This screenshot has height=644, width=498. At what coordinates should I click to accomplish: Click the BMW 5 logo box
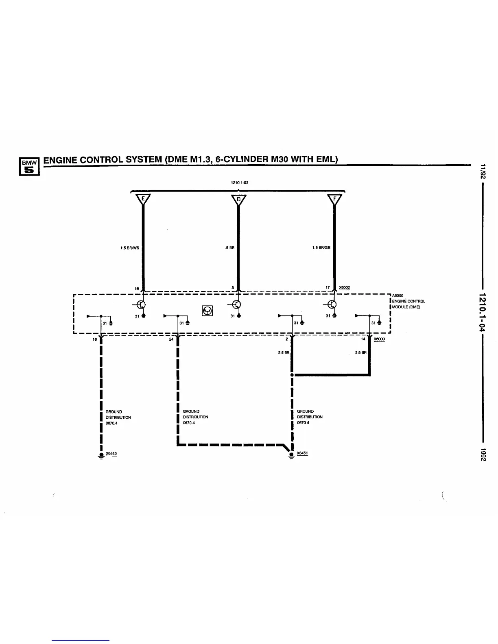tap(29, 167)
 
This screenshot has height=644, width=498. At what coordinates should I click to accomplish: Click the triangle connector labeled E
tap(143, 199)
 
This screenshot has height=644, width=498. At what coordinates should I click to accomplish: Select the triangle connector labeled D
tap(239, 199)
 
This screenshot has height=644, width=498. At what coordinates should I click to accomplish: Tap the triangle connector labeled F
tap(335, 199)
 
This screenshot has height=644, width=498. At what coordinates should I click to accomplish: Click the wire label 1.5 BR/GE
tap(321, 248)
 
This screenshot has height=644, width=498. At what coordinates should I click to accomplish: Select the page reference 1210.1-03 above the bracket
tap(240, 183)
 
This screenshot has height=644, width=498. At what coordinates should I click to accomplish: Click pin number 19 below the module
tap(95, 339)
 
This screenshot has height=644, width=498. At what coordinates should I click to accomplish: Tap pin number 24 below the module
tap(171, 339)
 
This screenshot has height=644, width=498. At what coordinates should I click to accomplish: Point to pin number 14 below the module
tap(363, 339)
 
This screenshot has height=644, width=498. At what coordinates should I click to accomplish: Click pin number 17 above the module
tap(328, 288)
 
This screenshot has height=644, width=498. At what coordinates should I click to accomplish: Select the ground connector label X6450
tap(111, 453)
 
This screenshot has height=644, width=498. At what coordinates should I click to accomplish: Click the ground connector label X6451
tap(302, 453)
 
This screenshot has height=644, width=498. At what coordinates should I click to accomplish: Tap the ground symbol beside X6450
tap(100, 456)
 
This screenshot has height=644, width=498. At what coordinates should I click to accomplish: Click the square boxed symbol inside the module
tap(207, 311)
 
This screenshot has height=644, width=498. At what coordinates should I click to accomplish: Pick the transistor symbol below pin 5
tap(236, 305)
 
